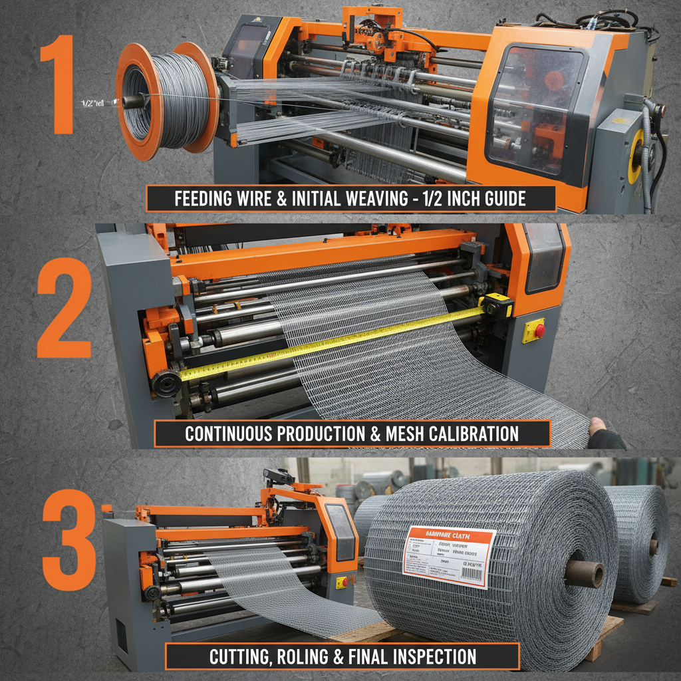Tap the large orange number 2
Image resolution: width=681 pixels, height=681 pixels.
pos(65,307)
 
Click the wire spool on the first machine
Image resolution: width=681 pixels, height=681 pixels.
pos(166,100)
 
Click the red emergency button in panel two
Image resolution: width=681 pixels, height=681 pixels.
pos(538,331)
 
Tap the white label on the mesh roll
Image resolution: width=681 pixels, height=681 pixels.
pos(450,555)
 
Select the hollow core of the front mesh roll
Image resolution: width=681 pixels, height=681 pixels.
pos(584,573)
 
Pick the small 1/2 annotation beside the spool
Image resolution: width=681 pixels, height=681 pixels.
pos(92,103)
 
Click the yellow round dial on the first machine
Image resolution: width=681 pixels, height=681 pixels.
pos(638,157)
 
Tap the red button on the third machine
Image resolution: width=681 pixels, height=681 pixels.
pos(343,582)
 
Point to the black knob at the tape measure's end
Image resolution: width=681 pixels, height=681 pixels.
pos(166,383)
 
